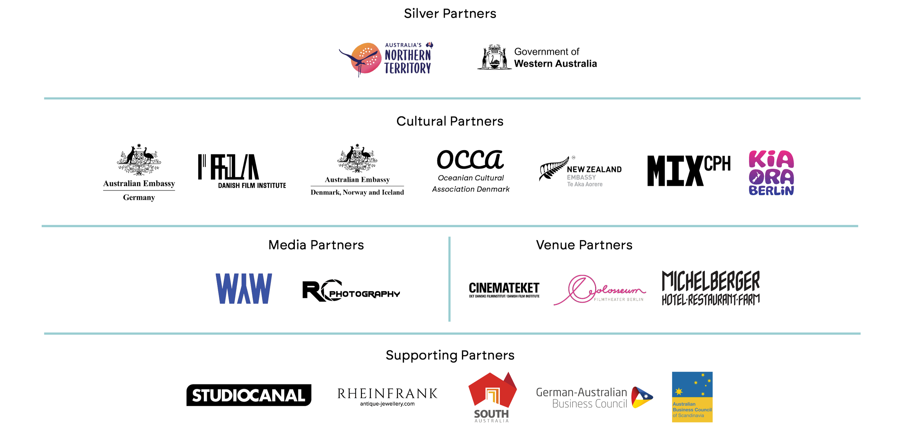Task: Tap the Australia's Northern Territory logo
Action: [387, 59]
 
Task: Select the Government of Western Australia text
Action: [555, 58]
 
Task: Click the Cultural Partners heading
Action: [449, 122]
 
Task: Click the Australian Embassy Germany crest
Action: [138, 160]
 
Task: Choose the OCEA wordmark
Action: [469, 159]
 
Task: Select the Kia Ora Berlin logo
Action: [771, 173]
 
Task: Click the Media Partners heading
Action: [316, 245]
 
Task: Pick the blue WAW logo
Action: [243, 288]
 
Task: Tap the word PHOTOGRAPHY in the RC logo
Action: [365, 295]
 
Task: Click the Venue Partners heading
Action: [584, 245]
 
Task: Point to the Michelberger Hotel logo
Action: [711, 289]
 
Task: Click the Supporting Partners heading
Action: [449, 355]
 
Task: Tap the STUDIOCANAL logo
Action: [248, 396]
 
